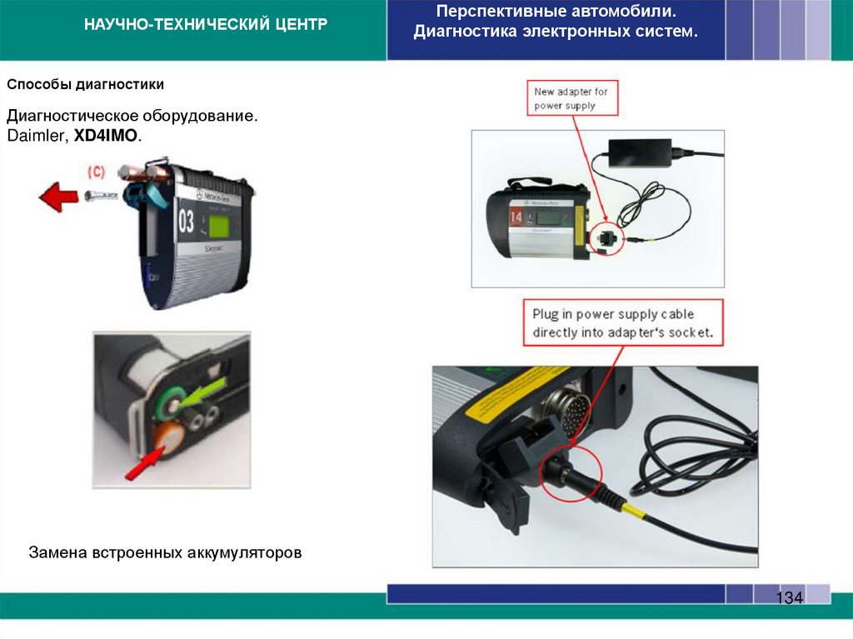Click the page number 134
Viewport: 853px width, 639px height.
coord(789,597)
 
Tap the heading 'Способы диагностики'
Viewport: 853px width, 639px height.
coord(86,85)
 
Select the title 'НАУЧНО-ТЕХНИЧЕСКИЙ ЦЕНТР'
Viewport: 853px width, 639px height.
coord(206,25)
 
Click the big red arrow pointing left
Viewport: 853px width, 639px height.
coord(58,198)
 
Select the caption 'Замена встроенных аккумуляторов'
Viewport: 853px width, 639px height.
coord(165,552)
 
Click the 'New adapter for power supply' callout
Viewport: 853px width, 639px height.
coord(571,98)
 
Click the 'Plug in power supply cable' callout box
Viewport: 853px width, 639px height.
coord(623,323)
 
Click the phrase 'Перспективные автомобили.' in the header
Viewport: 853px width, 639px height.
coord(556,13)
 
